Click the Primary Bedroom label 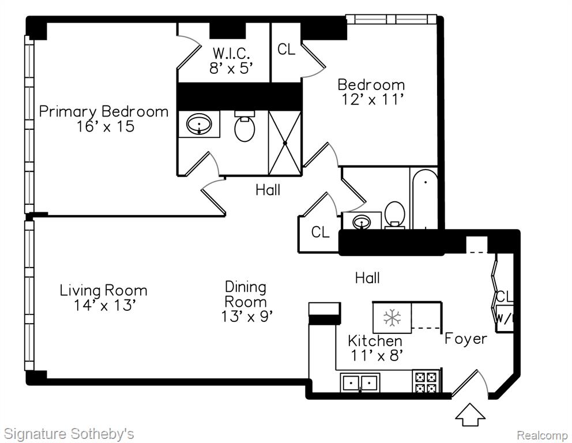coord(104,112)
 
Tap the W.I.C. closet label coord(231,53)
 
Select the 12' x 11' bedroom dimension coord(372,99)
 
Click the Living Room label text coord(104,291)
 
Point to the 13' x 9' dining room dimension coord(247,316)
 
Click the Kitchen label coord(375,341)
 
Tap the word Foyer coord(466,339)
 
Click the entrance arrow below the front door coord(471,414)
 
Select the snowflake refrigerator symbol coord(392,317)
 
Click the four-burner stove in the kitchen coord(426,382)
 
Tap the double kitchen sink coord(360,383)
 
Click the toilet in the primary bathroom coord(244,127)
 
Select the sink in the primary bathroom coord(199,124)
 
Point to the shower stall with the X coord(285,143)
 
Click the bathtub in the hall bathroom coord(425,199)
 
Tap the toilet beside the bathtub coord(395,215)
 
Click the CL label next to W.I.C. coord(286,49)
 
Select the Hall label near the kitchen coord(367,278)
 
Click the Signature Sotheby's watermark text coord(69,434)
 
